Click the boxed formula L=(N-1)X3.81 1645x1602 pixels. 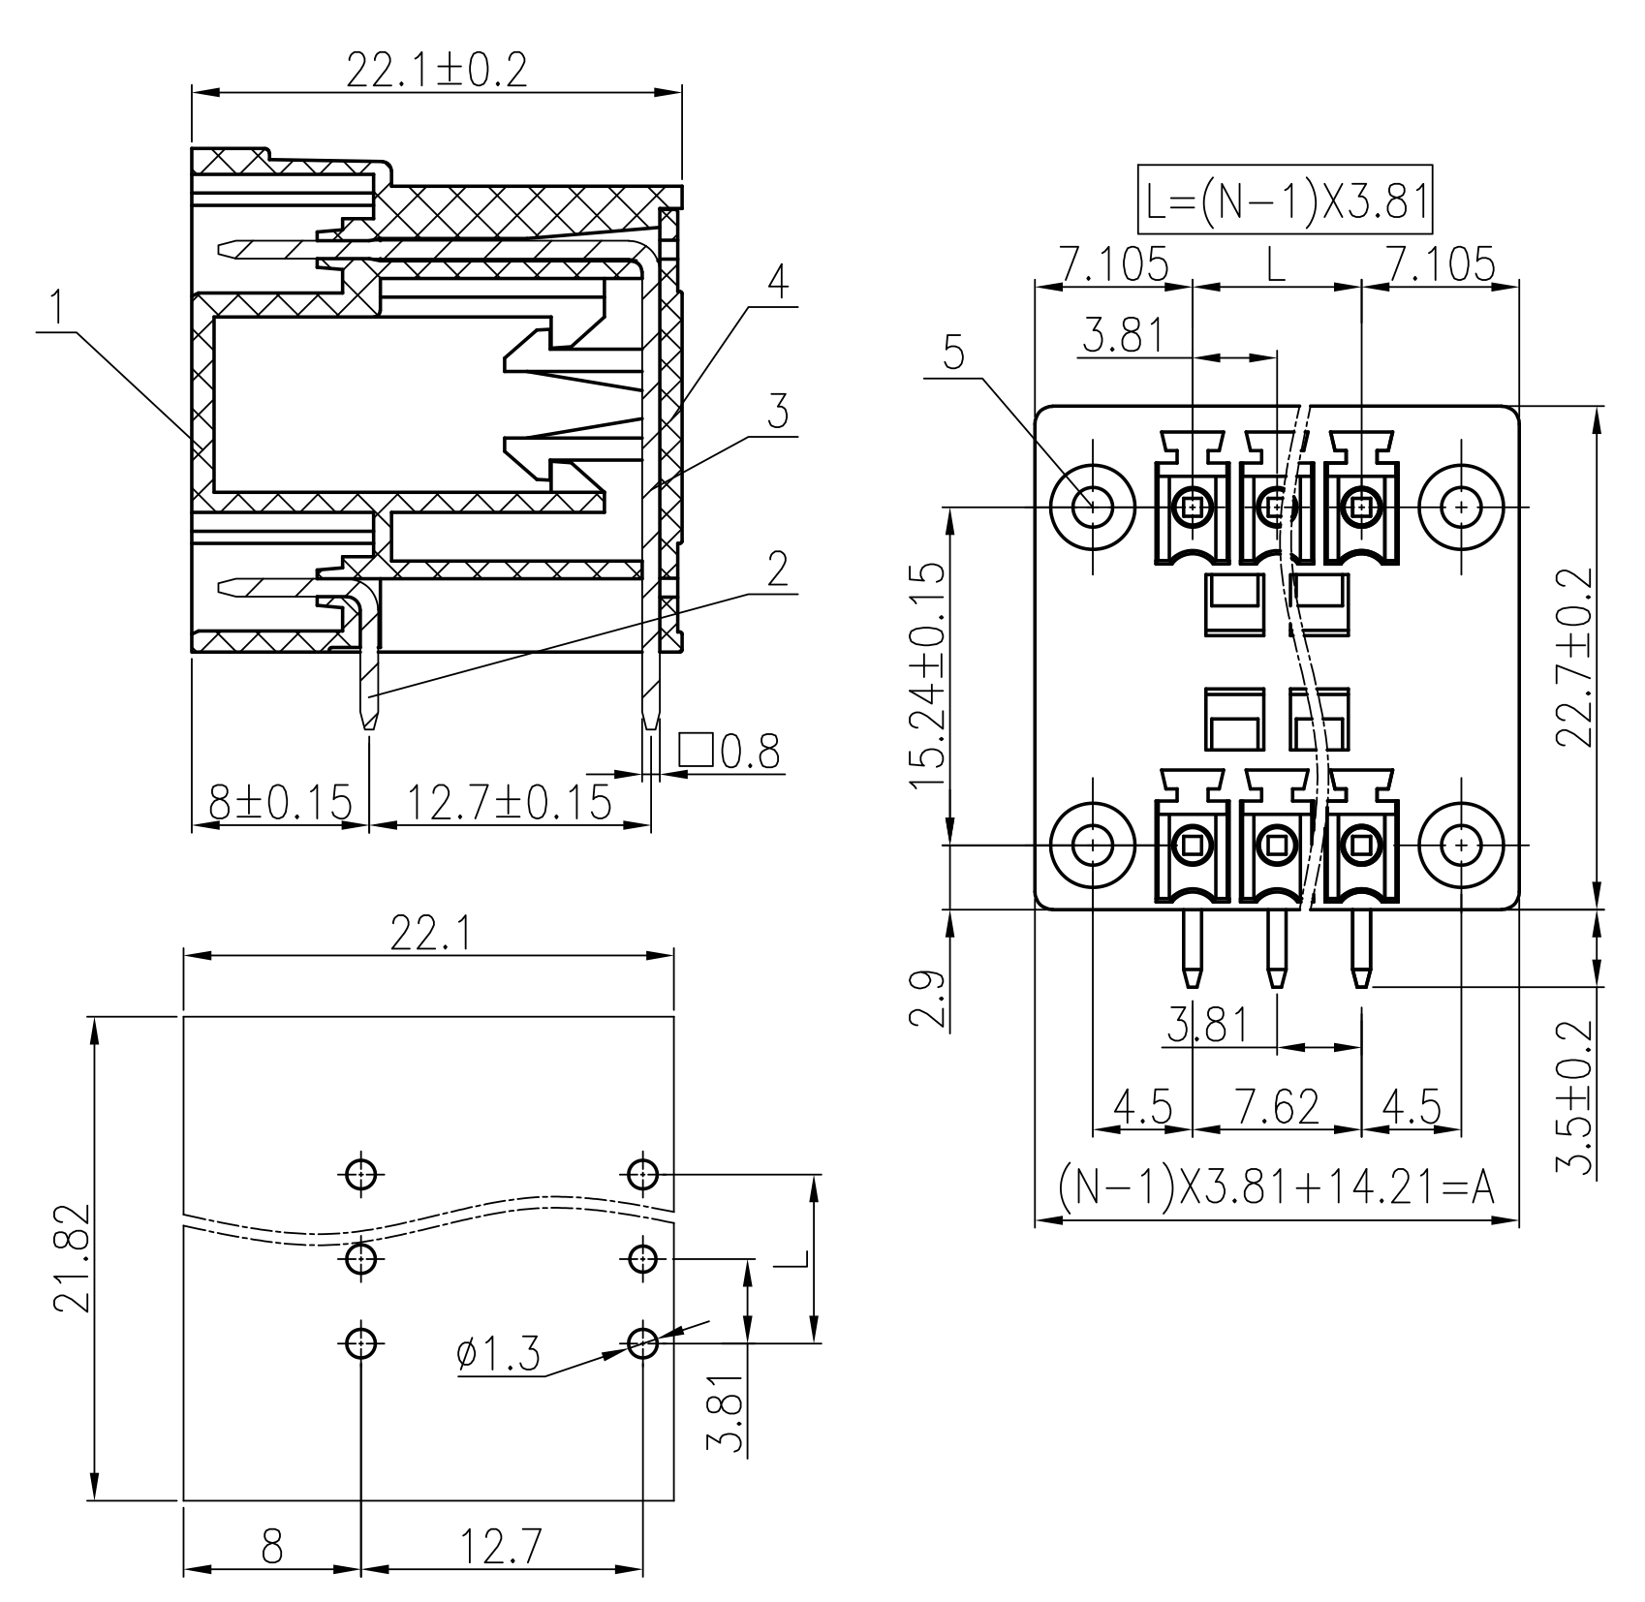[1284, 201]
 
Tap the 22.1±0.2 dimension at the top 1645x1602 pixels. [437, 71]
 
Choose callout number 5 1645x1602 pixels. [954, 354]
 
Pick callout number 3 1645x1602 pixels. [777, 413]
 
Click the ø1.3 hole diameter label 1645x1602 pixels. [498, 1354]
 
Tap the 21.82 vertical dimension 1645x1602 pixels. [73, 1258]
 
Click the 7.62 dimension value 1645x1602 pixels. [1278, 1107]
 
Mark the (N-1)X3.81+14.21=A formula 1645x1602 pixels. [1277, 1187]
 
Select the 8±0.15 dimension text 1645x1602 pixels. [280, 803]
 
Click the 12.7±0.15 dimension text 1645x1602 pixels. [508, 803]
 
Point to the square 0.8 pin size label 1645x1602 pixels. [729, 751]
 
